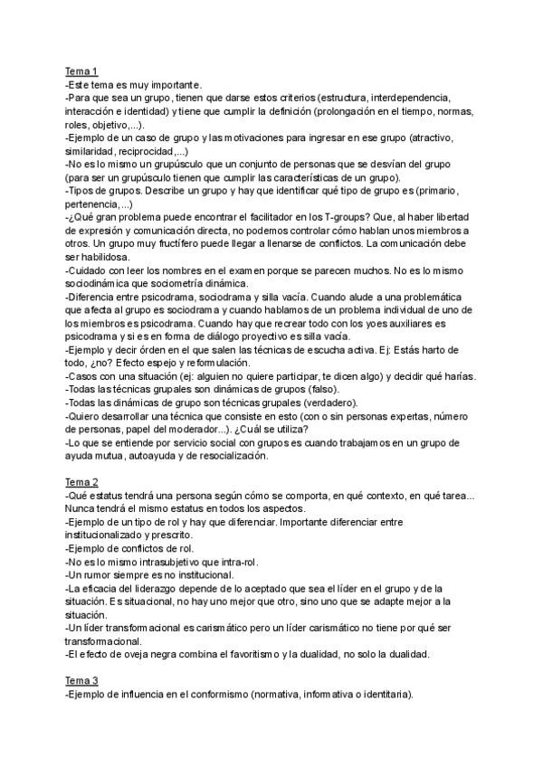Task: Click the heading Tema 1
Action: point(81,71)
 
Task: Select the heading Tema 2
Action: point(81,482)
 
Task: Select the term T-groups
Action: point(318,218)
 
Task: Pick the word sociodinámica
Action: point(103,283)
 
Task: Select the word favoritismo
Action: point(279,654)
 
